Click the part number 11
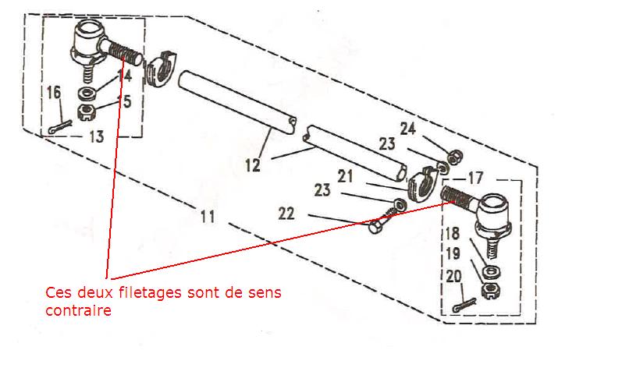click(206, 216)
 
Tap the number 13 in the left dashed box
click(96, 136)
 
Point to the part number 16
click(53, 93)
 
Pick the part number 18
click(453, 232)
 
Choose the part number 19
click(453, 253)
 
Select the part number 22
click(286, 214)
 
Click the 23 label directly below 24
click(388, 143)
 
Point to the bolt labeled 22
click(375, 227)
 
